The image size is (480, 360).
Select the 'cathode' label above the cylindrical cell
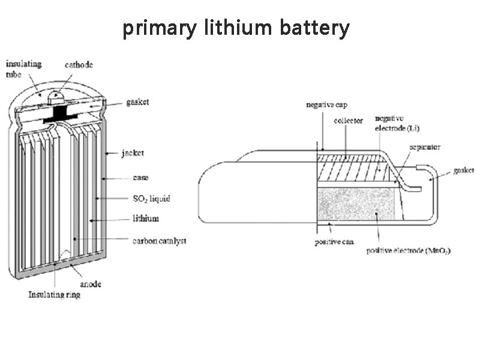79,65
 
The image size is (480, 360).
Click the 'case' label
140,178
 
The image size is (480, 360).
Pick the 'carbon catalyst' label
159,241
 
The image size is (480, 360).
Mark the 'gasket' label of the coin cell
464,170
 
